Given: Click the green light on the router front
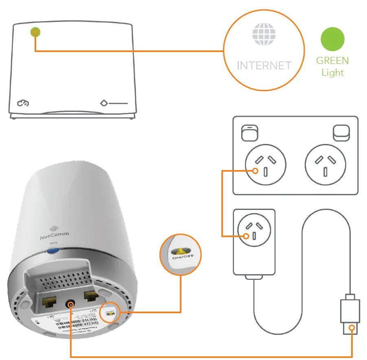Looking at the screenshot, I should click(x=36, y=33).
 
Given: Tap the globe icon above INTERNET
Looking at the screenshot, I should click(x=263, y=34).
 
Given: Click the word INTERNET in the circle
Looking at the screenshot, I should click(x=264, y=65).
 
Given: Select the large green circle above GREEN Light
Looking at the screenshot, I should click(x=332, y=39).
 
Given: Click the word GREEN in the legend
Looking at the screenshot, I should click(x=332, y=61).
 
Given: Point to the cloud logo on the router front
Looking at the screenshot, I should click(x=23, y=104).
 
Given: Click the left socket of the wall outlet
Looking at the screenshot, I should click(x=265, y=165).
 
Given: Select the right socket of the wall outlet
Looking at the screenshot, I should click(x=325, y=165).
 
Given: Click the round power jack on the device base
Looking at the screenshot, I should click(x=71, y=304).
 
